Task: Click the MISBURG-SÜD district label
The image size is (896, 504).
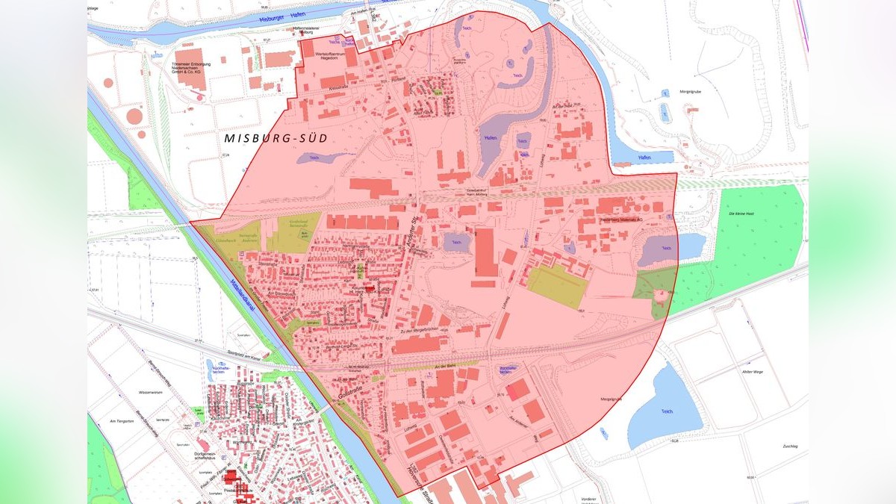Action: pyautogui.click(x=276, y=139)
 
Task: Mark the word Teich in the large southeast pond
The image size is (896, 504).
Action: pyautogui.click(x=667, y=411)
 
